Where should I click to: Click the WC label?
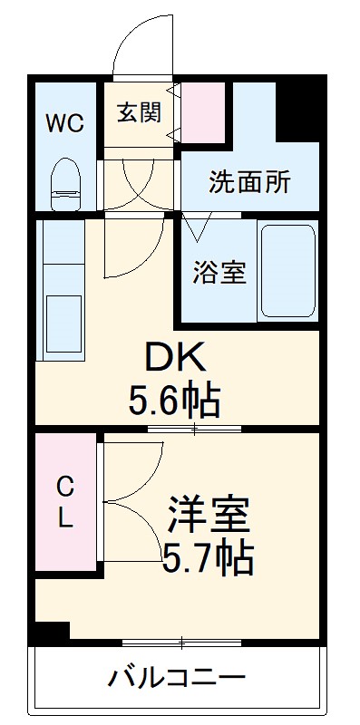pyautogui.click(x=65, y=122)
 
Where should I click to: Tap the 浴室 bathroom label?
pyautogui.click(x=218, y=272)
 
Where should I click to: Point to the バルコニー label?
pyautogui.click(x=178, y=677)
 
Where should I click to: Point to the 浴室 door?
pyautogui.click(x=198, y=221)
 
